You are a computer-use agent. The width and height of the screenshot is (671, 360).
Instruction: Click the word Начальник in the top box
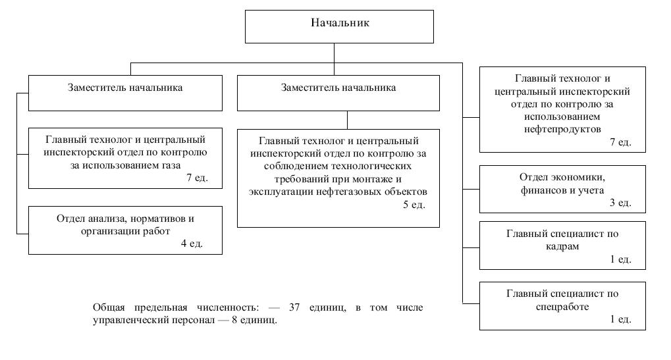point(340,23)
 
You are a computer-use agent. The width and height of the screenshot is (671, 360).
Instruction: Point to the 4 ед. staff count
point(192,244)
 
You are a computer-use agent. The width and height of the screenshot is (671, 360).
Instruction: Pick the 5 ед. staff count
point(414,205)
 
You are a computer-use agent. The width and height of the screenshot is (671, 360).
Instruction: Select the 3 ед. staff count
point(620,203)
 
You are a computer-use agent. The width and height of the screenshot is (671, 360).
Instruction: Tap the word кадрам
point(562,246)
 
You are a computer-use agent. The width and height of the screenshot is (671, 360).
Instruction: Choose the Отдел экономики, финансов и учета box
point(563,189)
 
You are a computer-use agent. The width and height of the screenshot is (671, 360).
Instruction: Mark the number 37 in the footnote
point(295,308)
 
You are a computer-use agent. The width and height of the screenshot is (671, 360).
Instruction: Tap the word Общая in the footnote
point(108,308)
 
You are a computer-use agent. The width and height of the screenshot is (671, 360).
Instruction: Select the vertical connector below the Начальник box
point(335,53)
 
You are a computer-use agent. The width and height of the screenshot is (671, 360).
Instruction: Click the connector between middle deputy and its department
point(347,120)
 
